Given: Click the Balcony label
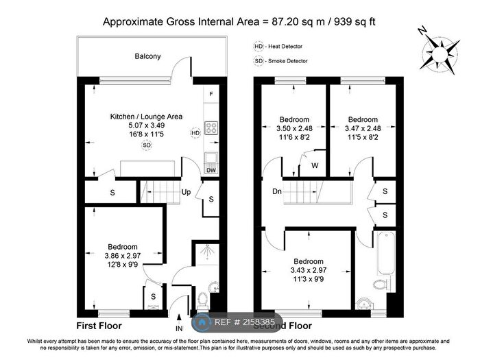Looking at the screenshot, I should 147,56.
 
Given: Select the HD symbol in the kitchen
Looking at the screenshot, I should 195,133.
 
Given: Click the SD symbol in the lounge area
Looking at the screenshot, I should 147,145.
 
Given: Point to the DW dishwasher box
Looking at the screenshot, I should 211,169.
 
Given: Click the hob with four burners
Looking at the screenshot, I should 211,128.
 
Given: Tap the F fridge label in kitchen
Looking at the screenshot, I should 211,93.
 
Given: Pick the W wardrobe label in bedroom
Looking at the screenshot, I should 314,165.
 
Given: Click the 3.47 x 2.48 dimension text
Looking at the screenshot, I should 362,128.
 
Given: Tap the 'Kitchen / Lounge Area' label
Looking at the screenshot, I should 147,117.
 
